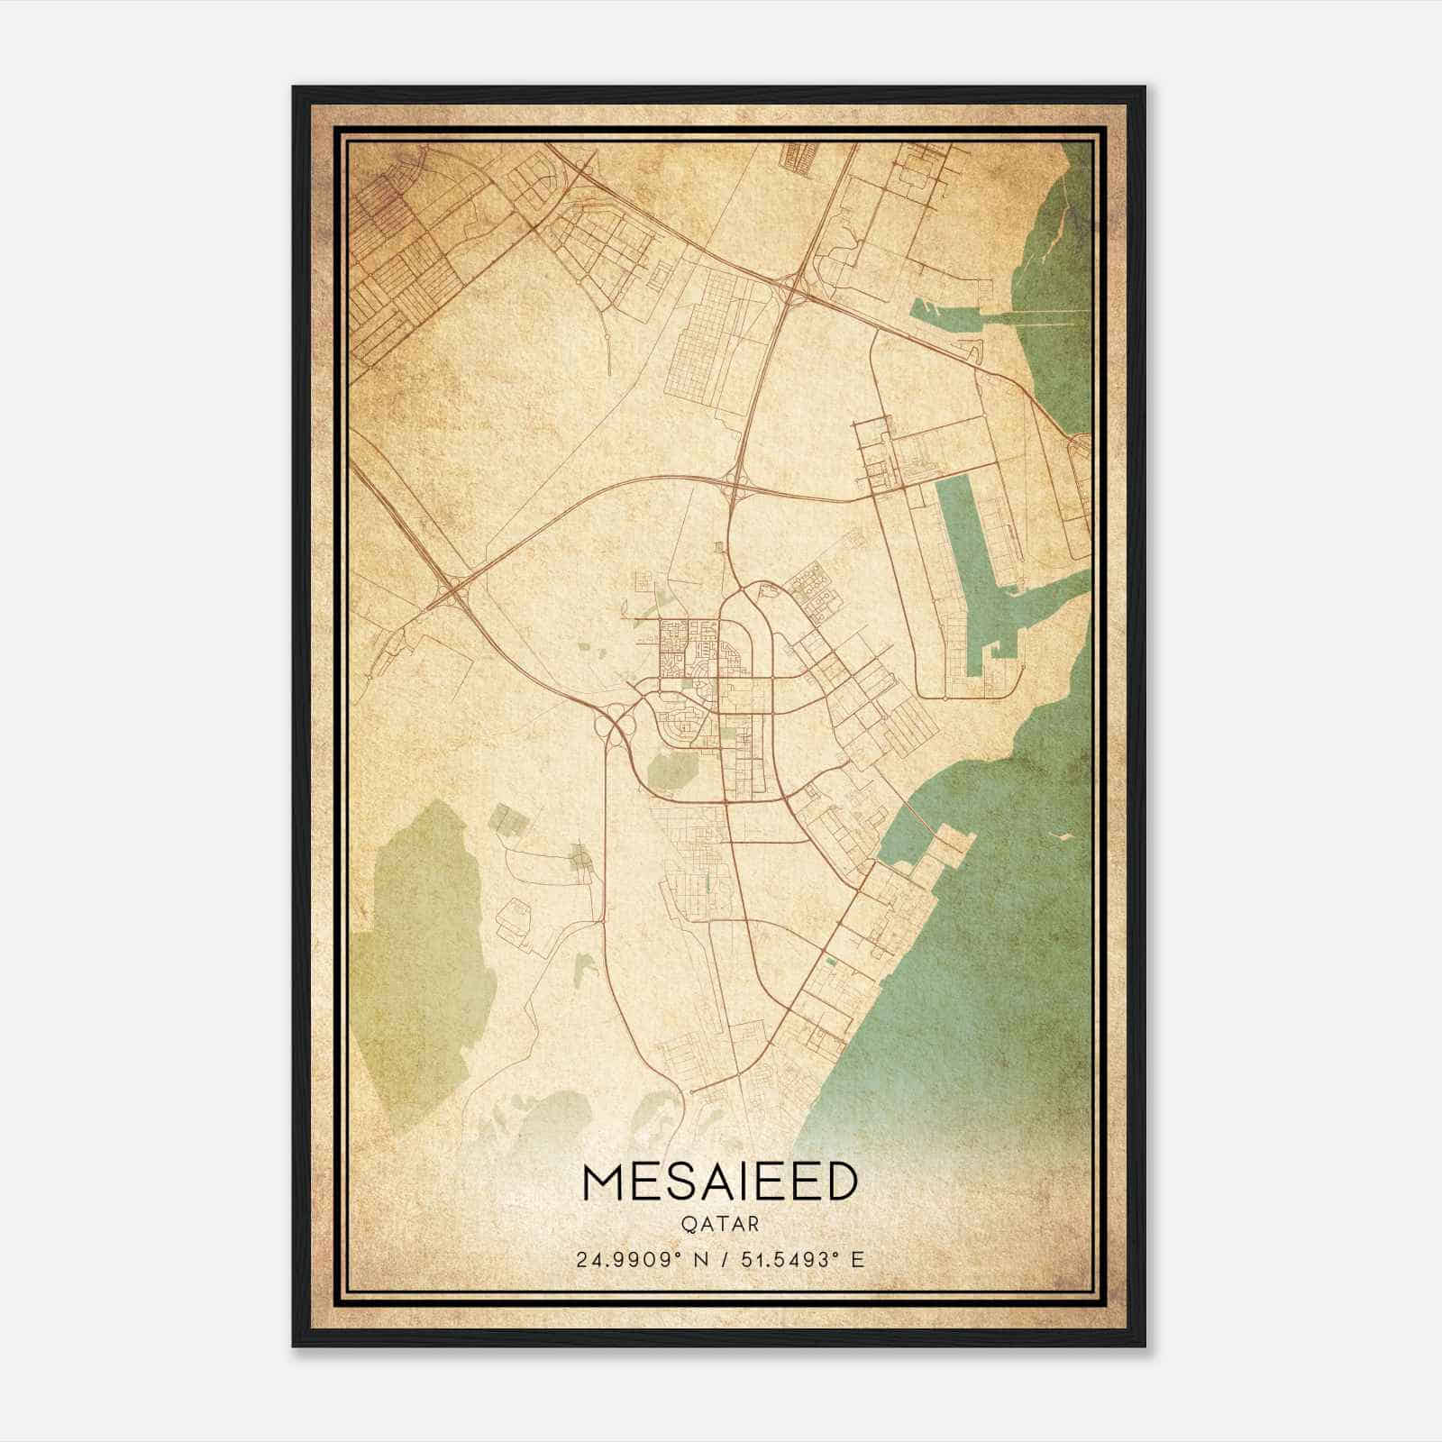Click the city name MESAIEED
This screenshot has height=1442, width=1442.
[720, 1182]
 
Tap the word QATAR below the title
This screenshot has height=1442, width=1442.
[720, 1225]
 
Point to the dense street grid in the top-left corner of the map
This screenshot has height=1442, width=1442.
[397, 261]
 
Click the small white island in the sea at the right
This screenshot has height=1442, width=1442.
[1063, 836]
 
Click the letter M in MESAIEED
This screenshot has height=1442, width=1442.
[602, 1182]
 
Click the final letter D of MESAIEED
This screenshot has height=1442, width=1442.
[839, 1182]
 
